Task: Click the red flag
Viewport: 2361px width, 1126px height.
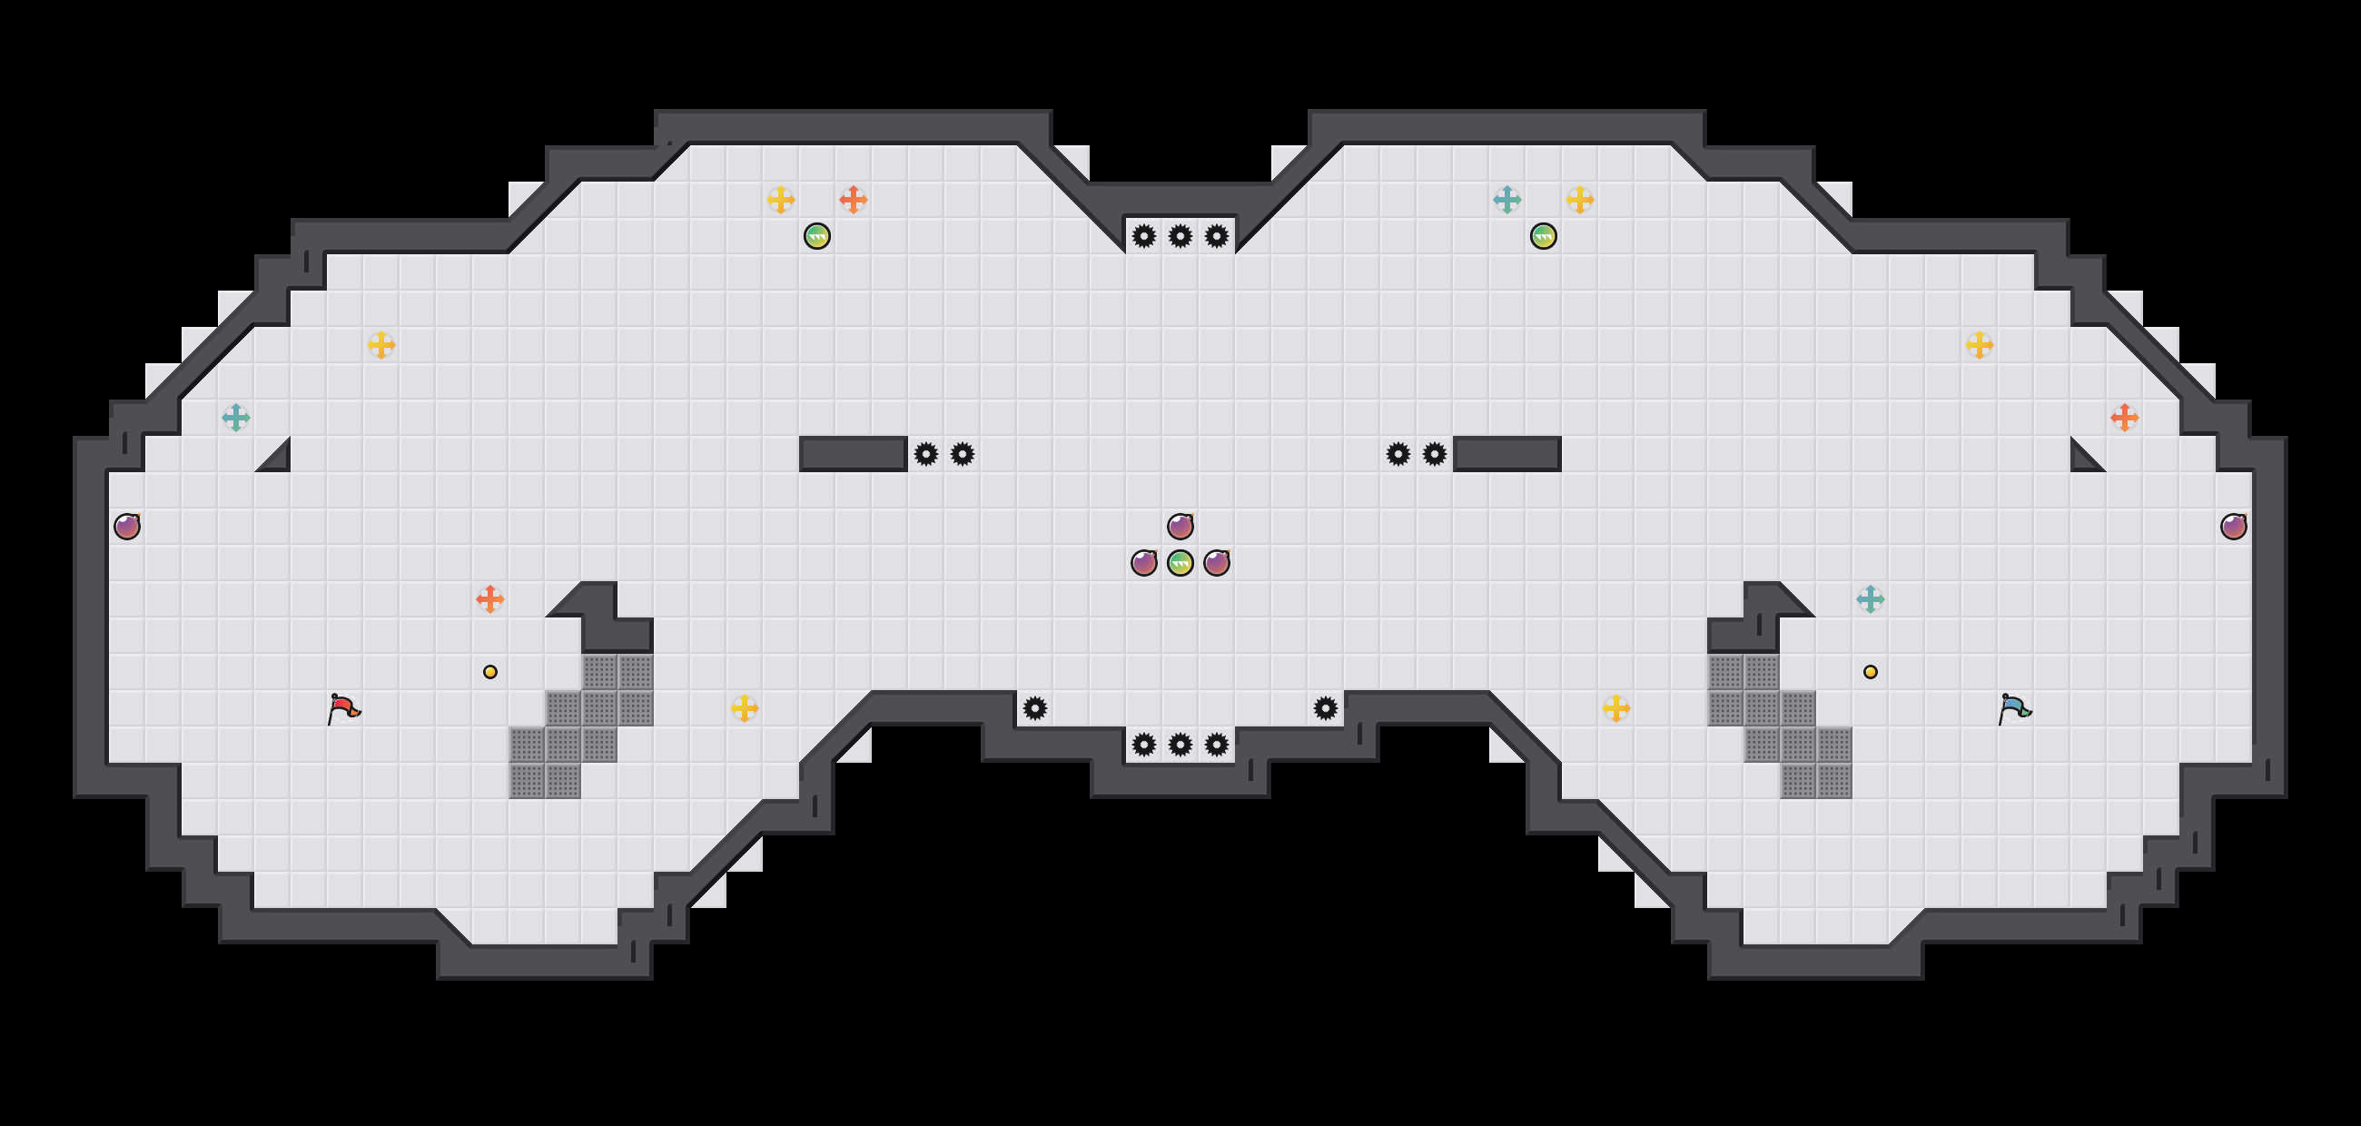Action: pos(343,708)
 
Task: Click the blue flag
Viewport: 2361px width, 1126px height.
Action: pos(2014,708)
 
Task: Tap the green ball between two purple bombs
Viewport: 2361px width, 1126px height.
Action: pos(1180,562)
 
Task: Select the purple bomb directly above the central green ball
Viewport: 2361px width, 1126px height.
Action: pos(1180,526)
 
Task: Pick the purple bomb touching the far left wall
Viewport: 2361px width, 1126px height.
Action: pos(126,526)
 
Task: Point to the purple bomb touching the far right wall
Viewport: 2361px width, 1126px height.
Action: pos(2233,526)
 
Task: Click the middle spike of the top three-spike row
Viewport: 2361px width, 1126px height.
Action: pos(1180,236)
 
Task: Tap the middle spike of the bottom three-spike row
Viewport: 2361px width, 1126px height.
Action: pos(1180,744)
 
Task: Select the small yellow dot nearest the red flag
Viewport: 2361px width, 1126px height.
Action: pos(490,672)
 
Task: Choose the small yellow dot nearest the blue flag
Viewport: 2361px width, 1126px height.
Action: pos(1870,672)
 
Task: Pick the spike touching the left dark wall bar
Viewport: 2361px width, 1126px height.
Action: pos(925,453)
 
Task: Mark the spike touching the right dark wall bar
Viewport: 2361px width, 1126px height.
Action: pos(1435,453)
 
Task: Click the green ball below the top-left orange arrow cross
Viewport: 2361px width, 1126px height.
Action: pos(816,236)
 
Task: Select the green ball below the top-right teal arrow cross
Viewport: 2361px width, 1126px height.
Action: pos(1543,236)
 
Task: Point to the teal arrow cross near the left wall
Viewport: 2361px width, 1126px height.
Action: pos(235,418)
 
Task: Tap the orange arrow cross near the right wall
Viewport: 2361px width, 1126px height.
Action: pos(2124,418)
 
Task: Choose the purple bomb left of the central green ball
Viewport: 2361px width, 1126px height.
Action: pos(1144,562)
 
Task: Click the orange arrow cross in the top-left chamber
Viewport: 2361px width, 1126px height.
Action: pos(854,200)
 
